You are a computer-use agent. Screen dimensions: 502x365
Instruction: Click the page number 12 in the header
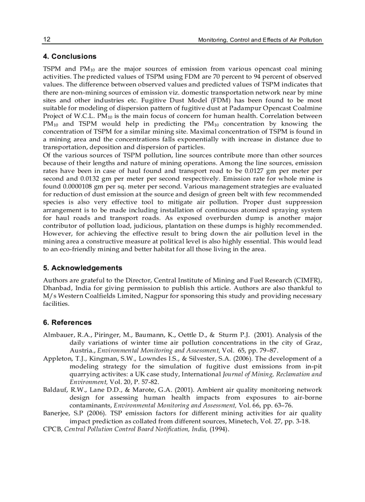(47, 39)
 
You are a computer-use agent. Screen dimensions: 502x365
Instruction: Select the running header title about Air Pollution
(260, 40)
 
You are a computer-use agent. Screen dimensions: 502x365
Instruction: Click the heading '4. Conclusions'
(69, 57)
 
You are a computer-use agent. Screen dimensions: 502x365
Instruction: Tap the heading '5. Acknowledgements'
(82, 268)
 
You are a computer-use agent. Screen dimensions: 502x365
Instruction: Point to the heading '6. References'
(67, 322)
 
